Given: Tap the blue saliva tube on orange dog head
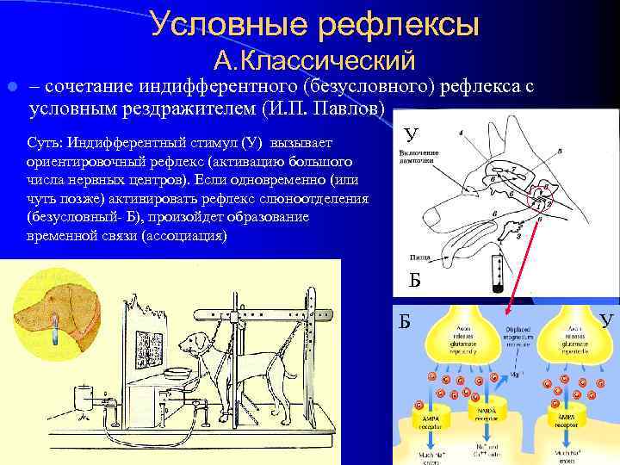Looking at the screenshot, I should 54,325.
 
